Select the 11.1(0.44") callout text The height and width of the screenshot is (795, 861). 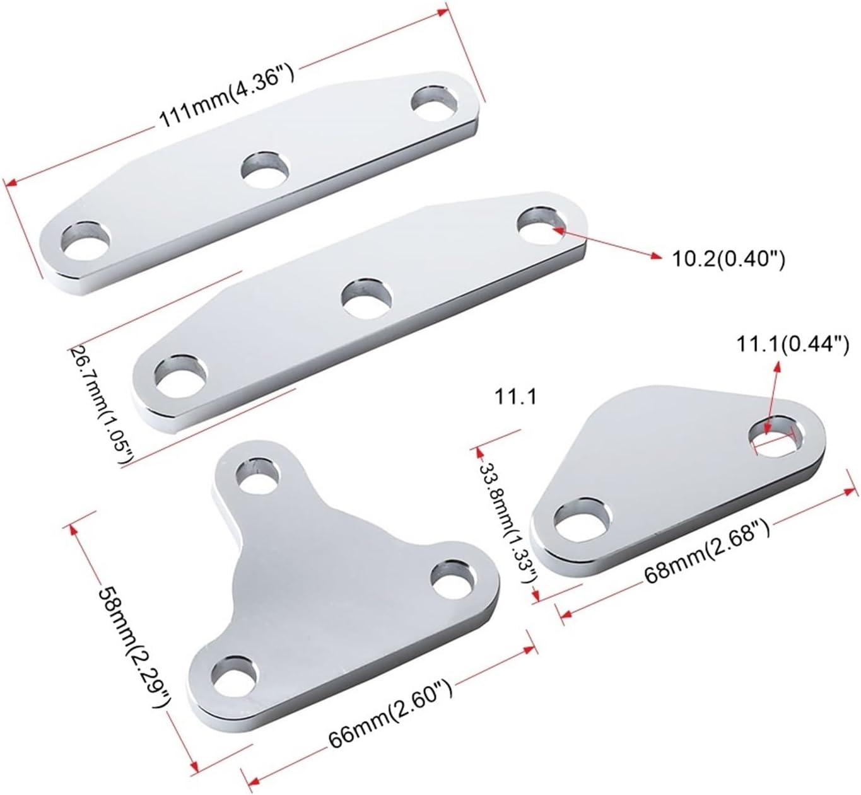793,345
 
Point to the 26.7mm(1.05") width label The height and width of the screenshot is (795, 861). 103,405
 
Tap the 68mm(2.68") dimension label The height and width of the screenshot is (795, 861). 707,552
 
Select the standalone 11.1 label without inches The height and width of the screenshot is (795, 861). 515,397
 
